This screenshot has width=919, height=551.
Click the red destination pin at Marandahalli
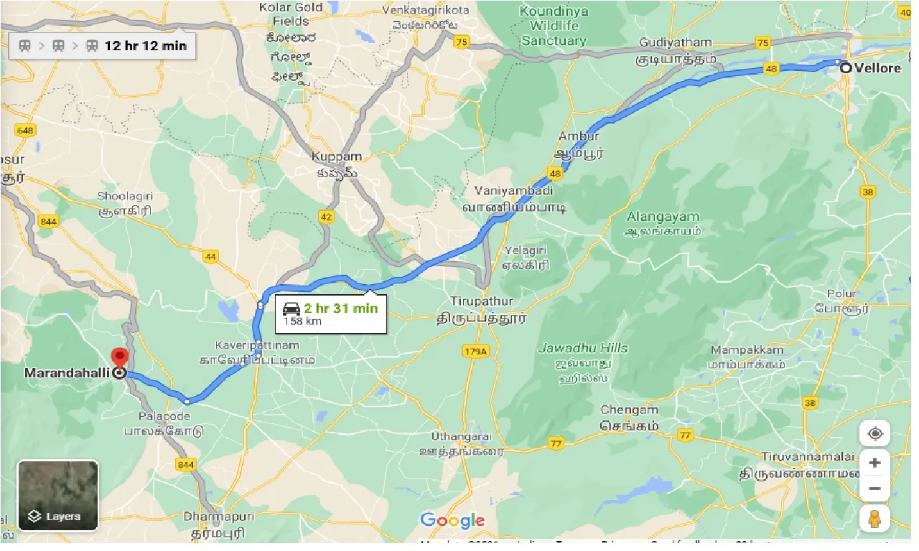[x=119, y=357]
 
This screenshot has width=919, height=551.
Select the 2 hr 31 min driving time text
[x=340, y=309]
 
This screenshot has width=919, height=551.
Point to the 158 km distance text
[x=302, y=321]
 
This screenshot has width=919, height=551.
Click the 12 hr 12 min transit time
[x=146, y=46]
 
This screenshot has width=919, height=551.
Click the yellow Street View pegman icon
[x=874, y=518]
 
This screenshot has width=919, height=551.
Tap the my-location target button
[x=874, y=434]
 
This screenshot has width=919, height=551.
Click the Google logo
[x=452, y=521]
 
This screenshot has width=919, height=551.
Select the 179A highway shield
[x=475, y=351]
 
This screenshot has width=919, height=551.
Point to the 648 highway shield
[x=25, y=131]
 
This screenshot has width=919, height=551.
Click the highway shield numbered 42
[x=327, y=217]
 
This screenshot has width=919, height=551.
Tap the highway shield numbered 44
[x=210, y=256]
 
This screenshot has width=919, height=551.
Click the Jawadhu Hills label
[x=583, y=349]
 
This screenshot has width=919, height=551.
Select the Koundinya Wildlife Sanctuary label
[x=554, y=27]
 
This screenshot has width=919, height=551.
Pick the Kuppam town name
[x=337, y=156]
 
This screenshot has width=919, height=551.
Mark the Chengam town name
[x=629, y=410]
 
